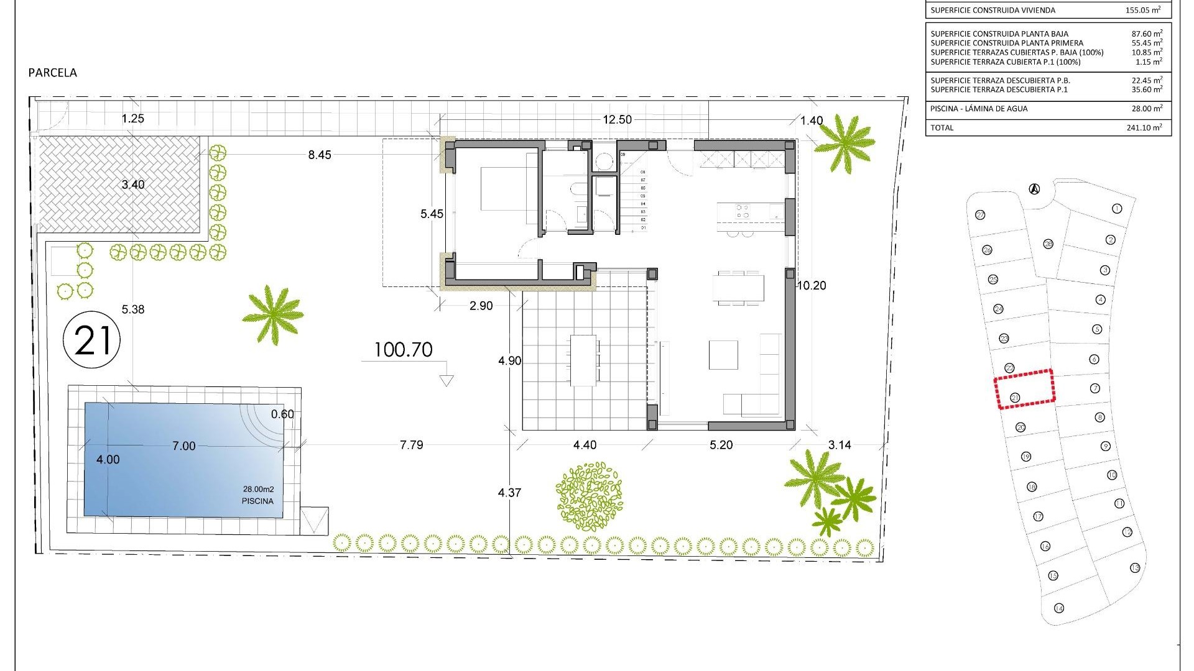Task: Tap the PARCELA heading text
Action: pos(53,73)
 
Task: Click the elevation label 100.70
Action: pos(404,350)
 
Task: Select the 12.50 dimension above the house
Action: pos(617,120)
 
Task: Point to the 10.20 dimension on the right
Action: pos(812,286)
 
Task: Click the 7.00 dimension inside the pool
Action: pos(183,446)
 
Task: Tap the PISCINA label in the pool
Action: pos(257,501)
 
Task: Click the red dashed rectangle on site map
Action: pos(1024,389)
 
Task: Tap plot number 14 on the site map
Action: pos(1059,608)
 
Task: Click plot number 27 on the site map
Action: pos(981,215)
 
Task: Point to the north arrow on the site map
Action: pos(1034,189)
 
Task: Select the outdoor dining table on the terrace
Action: pos(584,360)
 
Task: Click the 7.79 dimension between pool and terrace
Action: pos(412,445)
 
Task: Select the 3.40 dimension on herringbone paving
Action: pos(133,185)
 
